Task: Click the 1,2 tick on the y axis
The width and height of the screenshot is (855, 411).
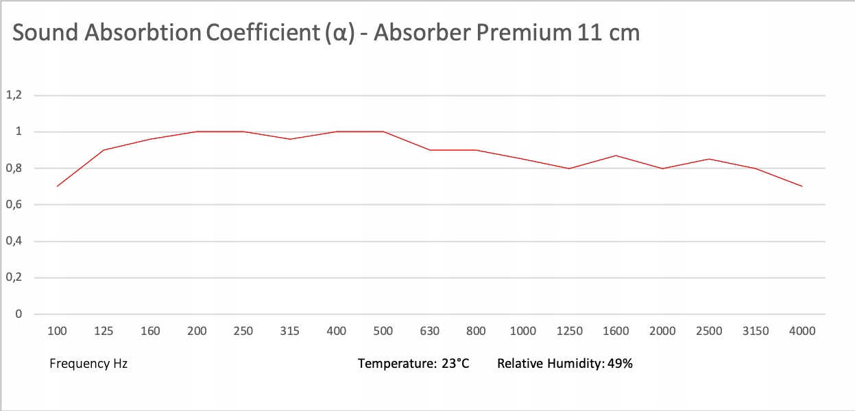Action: [x=14, y=95]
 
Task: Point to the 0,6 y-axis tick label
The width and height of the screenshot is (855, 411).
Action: [x=14, y=205]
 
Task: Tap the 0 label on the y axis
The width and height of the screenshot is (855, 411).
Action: [x=19, y=314]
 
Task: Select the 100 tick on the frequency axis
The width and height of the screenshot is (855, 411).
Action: [x=57, y=332]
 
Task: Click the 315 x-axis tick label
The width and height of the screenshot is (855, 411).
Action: [x=290, y=332]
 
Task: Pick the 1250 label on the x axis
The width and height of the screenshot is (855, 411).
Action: [x=569, y=332]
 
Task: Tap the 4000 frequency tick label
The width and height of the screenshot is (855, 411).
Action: [x=802, y=332]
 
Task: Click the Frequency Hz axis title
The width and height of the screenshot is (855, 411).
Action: [x=88, y=364]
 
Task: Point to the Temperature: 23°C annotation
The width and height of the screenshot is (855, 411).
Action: [x=413, y=364]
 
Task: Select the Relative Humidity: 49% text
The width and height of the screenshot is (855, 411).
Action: [x=565, y=364]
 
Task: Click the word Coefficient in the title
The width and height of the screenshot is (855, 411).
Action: [x=264, y=33]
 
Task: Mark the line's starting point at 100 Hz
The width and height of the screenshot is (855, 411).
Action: [x=57, y=186]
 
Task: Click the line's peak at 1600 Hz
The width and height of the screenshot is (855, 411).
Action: [x=616, y=155]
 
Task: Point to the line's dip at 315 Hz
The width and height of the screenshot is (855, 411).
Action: [x=290, y=139]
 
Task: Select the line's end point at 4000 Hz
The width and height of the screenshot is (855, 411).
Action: [x=802, y=186]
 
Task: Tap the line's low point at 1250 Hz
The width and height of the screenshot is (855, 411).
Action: [x=569, y=169]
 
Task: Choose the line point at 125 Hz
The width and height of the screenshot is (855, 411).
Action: [x=104, y=150]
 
